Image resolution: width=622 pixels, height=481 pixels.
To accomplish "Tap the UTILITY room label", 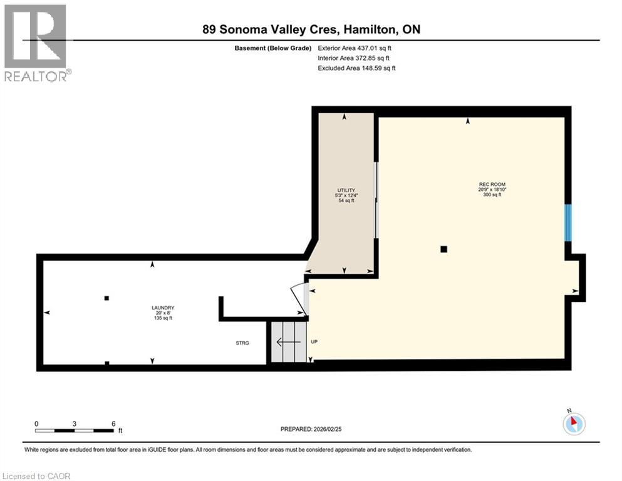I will (346, 190).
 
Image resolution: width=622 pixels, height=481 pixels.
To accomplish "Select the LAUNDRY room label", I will (162, 308).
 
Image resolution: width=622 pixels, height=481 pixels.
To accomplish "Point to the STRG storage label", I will (242, 343).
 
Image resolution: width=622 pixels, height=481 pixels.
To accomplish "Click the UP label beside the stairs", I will (315, 342).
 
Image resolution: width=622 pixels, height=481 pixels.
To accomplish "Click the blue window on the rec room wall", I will (568, 222).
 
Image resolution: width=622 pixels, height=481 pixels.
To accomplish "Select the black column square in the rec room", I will (443, 249).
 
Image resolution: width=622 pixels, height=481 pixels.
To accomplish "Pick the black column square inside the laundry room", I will (106, 298).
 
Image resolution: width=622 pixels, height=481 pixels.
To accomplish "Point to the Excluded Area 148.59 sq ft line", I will (356, 68).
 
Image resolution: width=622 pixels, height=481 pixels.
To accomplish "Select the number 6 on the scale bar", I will (113, 423).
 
